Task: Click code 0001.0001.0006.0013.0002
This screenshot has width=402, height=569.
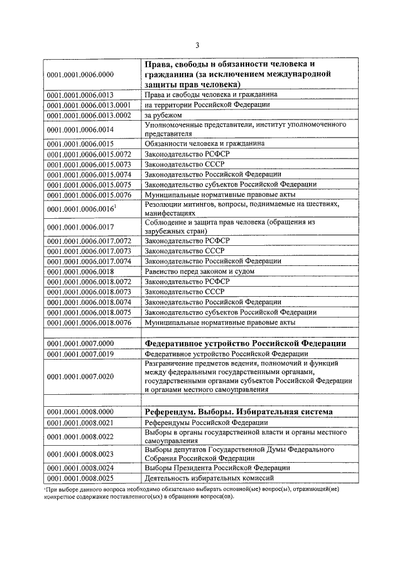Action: (x=89, y=116)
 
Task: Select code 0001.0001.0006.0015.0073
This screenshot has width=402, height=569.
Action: (x=89, y=163)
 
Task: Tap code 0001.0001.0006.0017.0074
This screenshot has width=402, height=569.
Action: (x=89, y=260)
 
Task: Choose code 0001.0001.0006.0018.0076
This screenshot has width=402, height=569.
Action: (x=89, y=323)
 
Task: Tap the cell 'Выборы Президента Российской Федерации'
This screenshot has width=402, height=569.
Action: (x=217, y=468)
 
